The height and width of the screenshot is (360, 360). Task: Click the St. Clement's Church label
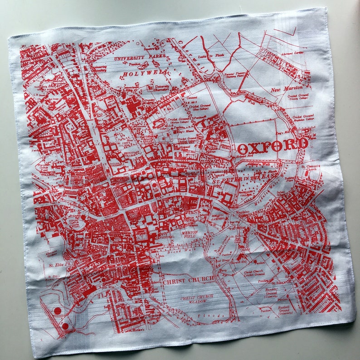tap(311, 168)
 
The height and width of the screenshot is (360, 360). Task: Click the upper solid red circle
tap(57, 311)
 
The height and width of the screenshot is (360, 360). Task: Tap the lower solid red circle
tap(65, 326)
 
